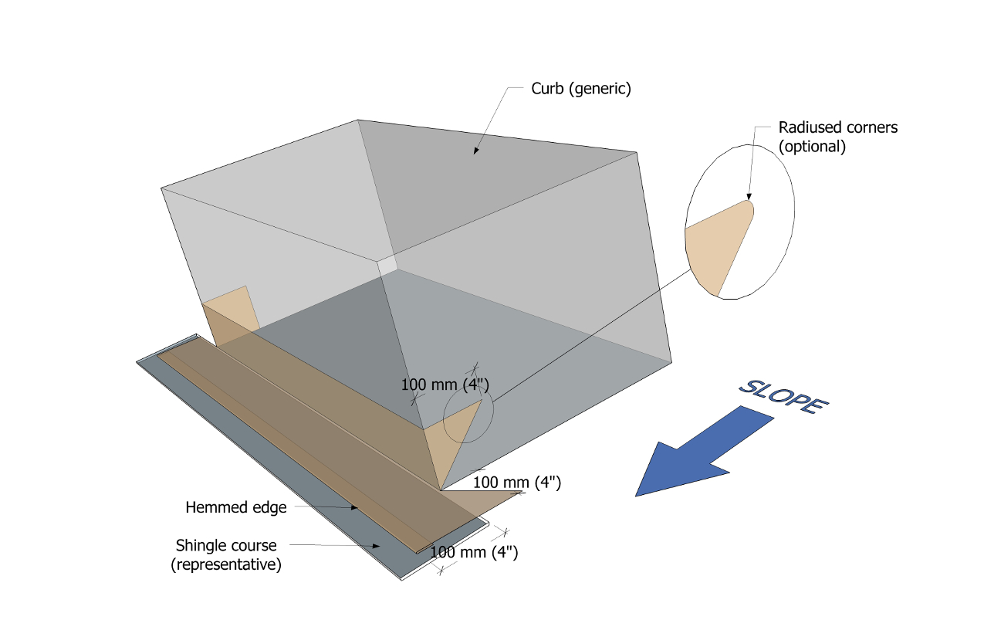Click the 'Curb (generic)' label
coord(580,89)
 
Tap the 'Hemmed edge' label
coord(235,507)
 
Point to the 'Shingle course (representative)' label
coord(225,554)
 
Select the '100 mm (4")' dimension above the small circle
coord(445,385)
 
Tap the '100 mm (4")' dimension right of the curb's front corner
coord(516,483)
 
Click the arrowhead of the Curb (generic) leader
coord(475,151)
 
